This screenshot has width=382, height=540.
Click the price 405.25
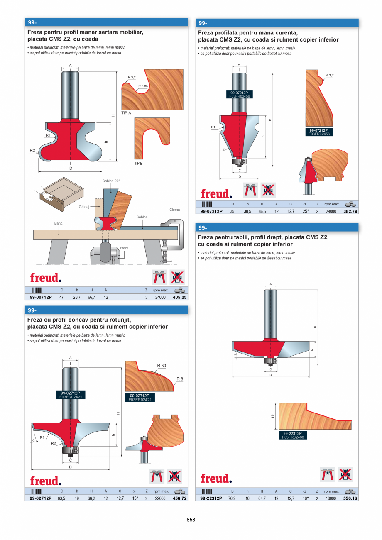click(x=179, y=297)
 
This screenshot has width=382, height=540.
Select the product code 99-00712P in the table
click(x=41, y=297)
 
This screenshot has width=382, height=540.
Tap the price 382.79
click(x=350, y=211)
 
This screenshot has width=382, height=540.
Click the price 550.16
click(x=350, y=498)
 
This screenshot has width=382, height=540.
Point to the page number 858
click(x=191, y=520)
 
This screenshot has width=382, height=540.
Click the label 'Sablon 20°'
click(x=111, y=181)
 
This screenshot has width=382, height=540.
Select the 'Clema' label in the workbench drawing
click(x=174, y=210)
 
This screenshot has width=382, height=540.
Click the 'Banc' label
click(x=59, y=223)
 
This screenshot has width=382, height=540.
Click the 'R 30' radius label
click(x=162, y=366)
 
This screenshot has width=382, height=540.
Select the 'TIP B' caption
click(x=138, y=164)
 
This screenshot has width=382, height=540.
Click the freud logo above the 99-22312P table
click(x=215, y=479)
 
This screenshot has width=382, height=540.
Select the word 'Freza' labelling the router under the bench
click(x=124, y=248)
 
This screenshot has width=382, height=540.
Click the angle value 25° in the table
click(x=304, y=211)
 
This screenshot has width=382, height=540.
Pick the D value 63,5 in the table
click(x=62, y=498)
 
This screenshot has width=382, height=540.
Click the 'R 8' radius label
click(x=179, y=379)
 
